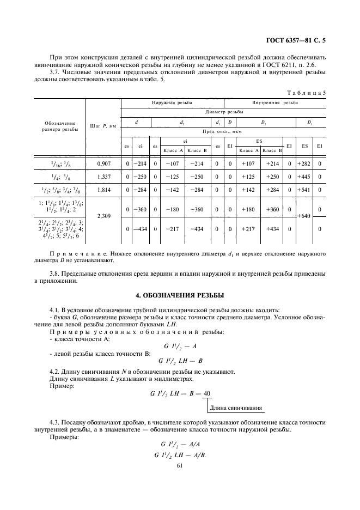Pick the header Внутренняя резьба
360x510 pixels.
click(274, 102)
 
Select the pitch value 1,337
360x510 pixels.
click(103, 177)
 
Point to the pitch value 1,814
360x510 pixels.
click(103, 191)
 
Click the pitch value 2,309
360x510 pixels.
click(103, 216)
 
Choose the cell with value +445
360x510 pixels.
click(304, 177)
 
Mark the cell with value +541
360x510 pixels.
click(304, 191)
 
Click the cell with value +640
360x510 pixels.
click(304, 216)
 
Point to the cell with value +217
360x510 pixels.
click(248, 228)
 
